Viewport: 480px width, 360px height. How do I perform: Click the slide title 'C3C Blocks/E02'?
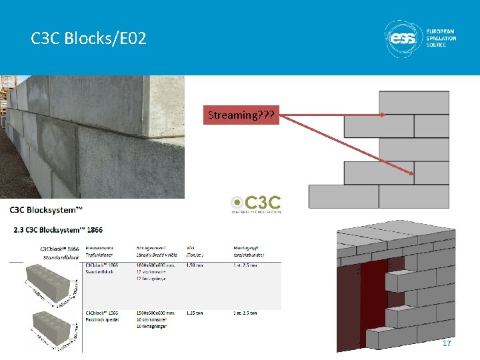(x=88, y=39)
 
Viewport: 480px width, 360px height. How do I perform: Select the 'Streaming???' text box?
(x=241, y=115)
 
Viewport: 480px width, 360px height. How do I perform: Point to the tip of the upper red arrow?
(x=385, y=115)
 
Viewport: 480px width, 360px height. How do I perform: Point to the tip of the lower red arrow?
(x=413, y=175)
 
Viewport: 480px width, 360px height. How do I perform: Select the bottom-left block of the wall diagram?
(x=343, y=197)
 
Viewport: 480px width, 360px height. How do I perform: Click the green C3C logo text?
(x=265, y=201)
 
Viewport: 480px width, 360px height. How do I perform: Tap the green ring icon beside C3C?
(x=237, y=202)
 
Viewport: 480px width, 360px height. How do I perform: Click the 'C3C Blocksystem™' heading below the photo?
(x=46, y=210)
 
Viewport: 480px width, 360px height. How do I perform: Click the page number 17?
(x=447, y=343)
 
